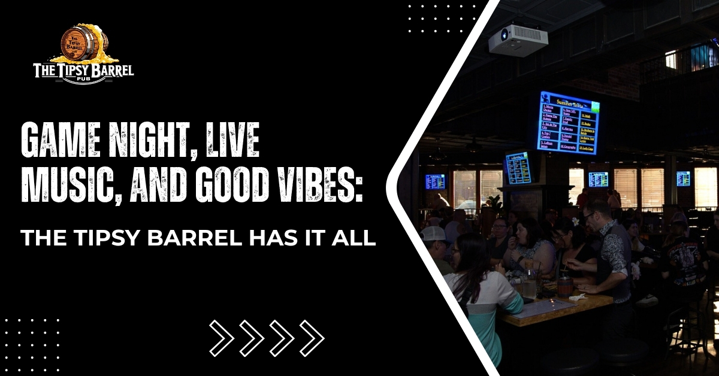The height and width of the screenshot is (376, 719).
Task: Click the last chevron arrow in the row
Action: (312, 338)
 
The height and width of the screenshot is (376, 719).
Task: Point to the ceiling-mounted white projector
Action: (518, 40)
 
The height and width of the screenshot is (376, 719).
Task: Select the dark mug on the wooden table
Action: (565, 286)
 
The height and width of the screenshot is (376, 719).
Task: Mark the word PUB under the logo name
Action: (84, 80)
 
